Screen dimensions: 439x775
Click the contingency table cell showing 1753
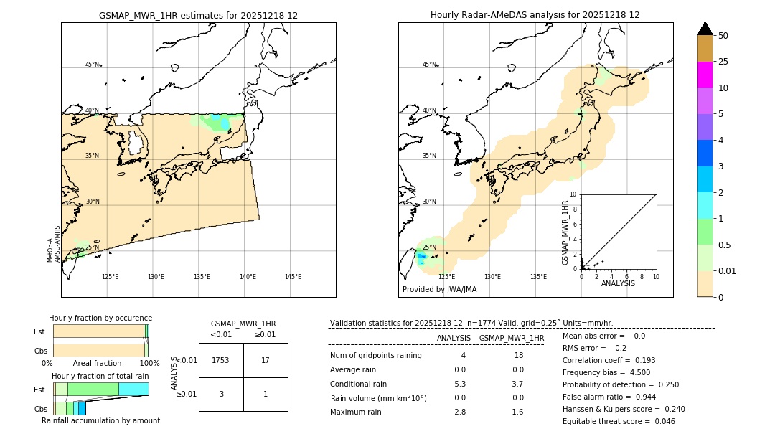click(x=221, y=360)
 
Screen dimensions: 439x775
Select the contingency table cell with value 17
click(x=266, y=360)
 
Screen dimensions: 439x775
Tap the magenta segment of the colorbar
click(x=705, y=75)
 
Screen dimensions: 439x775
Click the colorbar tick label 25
click(x=724, y=62)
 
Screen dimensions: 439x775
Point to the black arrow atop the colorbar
click(x=705, y=29)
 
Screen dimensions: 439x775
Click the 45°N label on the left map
click(x=92, y=65)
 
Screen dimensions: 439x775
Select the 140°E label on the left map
click(x=247, y=277)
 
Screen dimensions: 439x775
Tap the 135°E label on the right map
click(x=538, y=277)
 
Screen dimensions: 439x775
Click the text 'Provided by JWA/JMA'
click(x=439, y=289)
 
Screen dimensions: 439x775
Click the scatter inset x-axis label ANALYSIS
click(x=618, y=283)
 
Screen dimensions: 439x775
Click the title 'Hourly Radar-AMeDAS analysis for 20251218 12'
click(x=535, y=15)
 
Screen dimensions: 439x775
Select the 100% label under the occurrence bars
click(x=149, y=364)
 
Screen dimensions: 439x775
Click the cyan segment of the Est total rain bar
click(x=133, y=389)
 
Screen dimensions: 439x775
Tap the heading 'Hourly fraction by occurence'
click(x=100, y=318)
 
